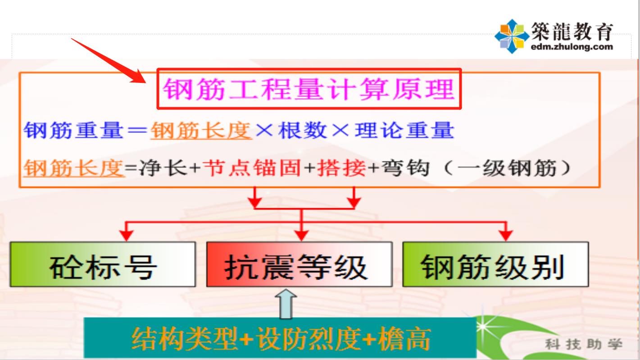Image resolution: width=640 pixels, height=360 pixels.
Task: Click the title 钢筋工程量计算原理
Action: pos(309,89)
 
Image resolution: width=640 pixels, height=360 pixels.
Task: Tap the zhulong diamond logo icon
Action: pos(511,36)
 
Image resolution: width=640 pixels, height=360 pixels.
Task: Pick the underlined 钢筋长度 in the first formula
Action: pos(201,131)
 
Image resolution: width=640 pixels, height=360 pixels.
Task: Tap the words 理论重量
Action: pos(404,131)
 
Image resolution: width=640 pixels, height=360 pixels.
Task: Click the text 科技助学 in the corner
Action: pos(584,345)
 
